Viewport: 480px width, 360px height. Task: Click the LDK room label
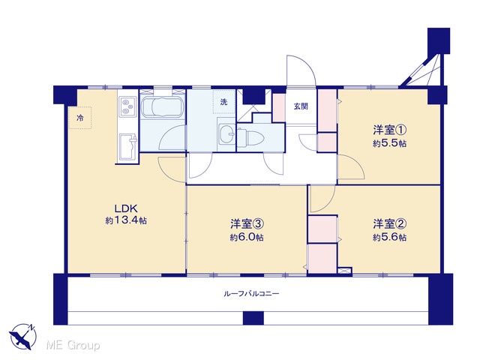[126, 208]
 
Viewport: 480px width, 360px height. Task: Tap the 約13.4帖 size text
[126, 220]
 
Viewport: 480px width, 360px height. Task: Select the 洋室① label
[390, 130]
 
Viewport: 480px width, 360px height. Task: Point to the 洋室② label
[390, 224]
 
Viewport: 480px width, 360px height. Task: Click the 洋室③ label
[247, 224]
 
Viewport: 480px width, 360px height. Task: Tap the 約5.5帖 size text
[390, 143]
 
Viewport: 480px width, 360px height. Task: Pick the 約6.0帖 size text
[247, 237]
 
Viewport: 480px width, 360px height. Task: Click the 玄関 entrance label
[301, 106]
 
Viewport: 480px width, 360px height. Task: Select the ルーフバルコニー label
[252, 294]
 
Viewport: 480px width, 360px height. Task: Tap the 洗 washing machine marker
[224, 102]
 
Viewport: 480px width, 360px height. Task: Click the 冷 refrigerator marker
[80, 118]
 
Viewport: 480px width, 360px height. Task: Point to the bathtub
[163, 107]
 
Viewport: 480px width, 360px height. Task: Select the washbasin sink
[226, 134]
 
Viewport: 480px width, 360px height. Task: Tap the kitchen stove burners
[127, 106]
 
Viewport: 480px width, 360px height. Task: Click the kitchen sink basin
[128, 147]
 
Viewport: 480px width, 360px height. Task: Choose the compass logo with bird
[23, 337]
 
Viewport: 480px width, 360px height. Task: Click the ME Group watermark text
[73, 346]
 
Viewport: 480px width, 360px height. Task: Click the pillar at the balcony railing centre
[253, 318]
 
